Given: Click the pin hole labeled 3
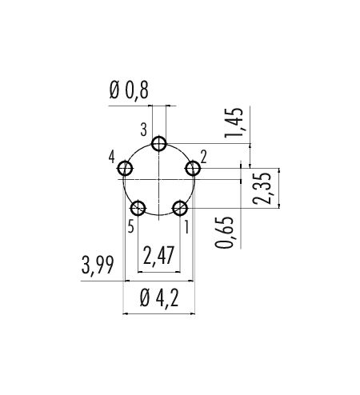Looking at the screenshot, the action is tap(159, 144).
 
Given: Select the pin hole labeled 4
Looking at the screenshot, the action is tap(125, 169).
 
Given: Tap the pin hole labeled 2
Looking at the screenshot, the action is tap(193, 169).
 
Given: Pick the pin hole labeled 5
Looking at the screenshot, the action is tap(138, 208).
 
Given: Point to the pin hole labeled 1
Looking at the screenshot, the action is tap(180, 208).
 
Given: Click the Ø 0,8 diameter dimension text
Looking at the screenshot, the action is tap(129, 90).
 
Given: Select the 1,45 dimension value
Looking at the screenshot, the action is tap(234, 123).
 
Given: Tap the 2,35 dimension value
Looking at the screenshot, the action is tap(262, 188).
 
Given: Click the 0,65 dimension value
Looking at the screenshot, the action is tap(224, 233).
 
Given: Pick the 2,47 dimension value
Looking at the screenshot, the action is tap(158, 255).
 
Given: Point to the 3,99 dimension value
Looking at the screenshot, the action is tap(98, 265).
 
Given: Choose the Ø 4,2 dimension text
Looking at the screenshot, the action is tap(159, 298).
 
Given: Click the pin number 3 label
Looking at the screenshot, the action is tap(144, 130).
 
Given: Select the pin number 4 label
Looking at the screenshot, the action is tap(112, 157).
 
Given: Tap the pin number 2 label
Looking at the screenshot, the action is tap(204, 157).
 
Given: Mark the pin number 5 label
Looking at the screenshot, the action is tap(130, 227).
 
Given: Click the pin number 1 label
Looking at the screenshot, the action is tap(186, 228).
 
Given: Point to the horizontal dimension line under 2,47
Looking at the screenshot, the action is tap(159, 272).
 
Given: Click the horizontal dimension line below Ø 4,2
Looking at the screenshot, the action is tap(159, 313).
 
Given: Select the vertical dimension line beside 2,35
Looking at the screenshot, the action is tap(279, 188).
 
